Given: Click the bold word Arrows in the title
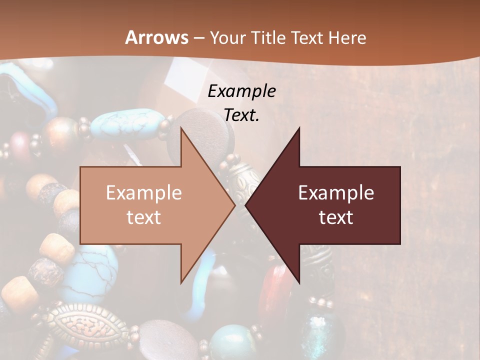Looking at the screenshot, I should click(157, 38).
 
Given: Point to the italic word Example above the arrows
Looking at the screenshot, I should click(242, 91).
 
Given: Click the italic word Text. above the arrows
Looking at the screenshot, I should click(242, 115).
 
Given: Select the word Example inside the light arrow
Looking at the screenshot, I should click(144, 192).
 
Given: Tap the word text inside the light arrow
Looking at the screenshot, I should click(144, 217).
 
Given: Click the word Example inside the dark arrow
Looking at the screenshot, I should click(336, 192).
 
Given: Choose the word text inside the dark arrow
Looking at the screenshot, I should click(336, 217).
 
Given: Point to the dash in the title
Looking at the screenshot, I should click(198, 38).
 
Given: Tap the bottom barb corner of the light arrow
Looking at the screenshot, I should click(181, 282).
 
